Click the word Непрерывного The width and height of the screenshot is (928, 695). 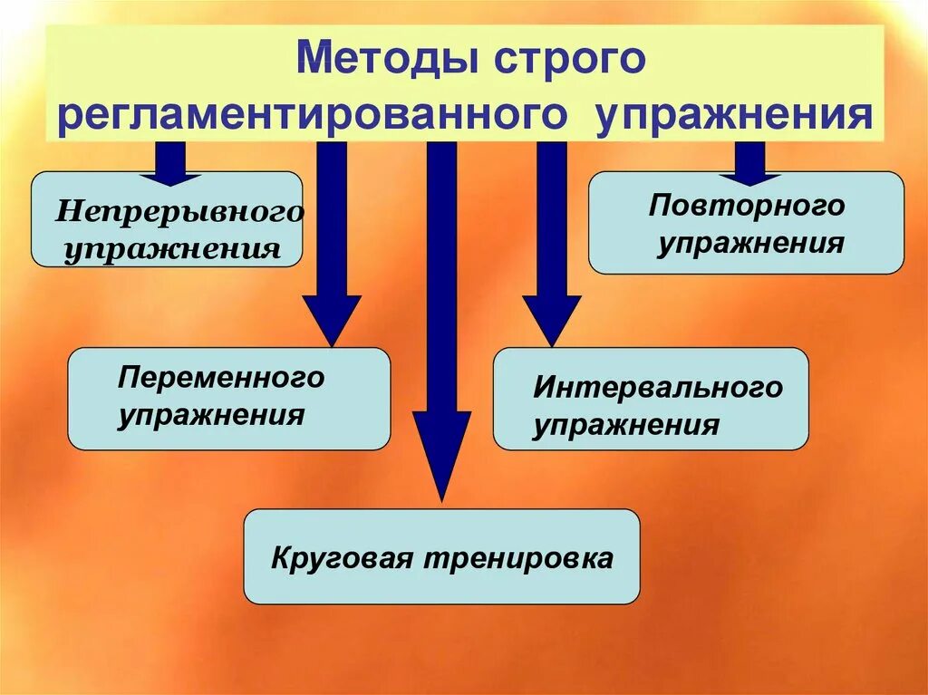(x=179, y=212)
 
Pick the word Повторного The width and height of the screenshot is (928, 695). (x=746, y=206)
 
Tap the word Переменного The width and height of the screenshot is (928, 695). (x=221, y=377)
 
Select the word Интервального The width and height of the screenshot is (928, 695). (x=657, y=388)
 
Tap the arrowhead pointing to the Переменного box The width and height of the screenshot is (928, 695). (x=332, y=319)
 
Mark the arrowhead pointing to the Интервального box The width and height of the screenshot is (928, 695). (x=551, y=319)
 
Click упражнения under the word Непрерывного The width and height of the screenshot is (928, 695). (x=171, y=247)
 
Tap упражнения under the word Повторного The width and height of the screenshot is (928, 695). (x=750, y=243)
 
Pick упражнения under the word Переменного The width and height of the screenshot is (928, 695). (x=210, y=415)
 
